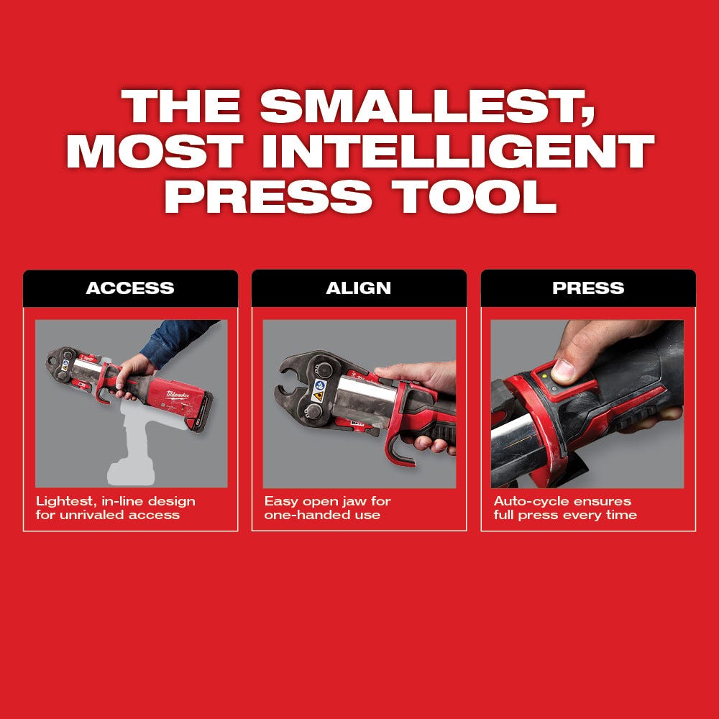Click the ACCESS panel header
click(x=130, y=288)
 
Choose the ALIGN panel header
click(x=359, y=288)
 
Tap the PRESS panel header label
click(x=587, y=288)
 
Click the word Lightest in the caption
click(x=63, y=501)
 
